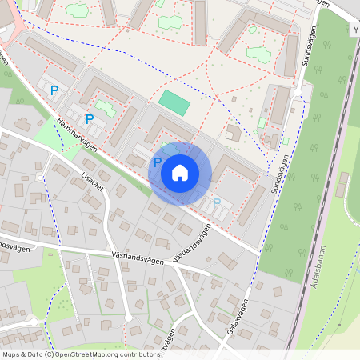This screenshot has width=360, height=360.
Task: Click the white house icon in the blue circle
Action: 180,173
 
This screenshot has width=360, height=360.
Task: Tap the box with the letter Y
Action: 355,30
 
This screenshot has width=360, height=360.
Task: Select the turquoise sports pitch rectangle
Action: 174,102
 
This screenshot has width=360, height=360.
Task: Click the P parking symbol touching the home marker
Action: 158,162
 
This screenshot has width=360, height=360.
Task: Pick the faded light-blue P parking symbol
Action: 217,202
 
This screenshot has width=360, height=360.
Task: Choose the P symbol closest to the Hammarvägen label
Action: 90,119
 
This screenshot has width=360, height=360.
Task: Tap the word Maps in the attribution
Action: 13,354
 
